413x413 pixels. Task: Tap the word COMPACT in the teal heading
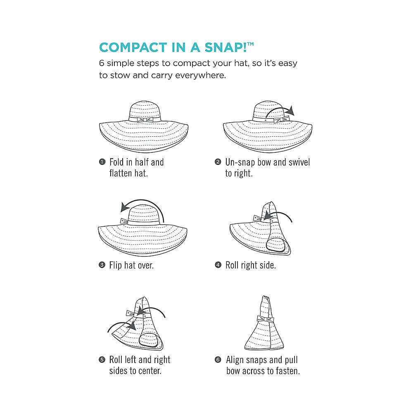coord(133,47)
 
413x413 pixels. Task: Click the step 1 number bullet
coord(102,162)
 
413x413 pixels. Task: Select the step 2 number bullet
coord(218,162)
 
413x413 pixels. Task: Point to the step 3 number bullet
coord(102,264)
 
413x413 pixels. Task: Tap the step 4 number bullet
coord(218,264)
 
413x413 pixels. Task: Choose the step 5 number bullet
coord(102,359)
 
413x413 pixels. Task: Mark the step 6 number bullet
coord(218,359)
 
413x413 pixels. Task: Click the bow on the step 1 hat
coord(145,120)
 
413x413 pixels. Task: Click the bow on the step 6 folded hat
coord(266,319)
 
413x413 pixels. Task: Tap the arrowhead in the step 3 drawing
coord(125,207)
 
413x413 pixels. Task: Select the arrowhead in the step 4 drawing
coord(268,216)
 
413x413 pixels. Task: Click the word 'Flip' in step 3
coord(115,265)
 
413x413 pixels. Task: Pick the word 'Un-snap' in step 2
coord(240,162)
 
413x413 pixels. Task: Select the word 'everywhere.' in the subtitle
coord(200,75)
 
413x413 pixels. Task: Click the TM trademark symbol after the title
coord(250,44)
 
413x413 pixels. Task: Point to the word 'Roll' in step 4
coord(232,265)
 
